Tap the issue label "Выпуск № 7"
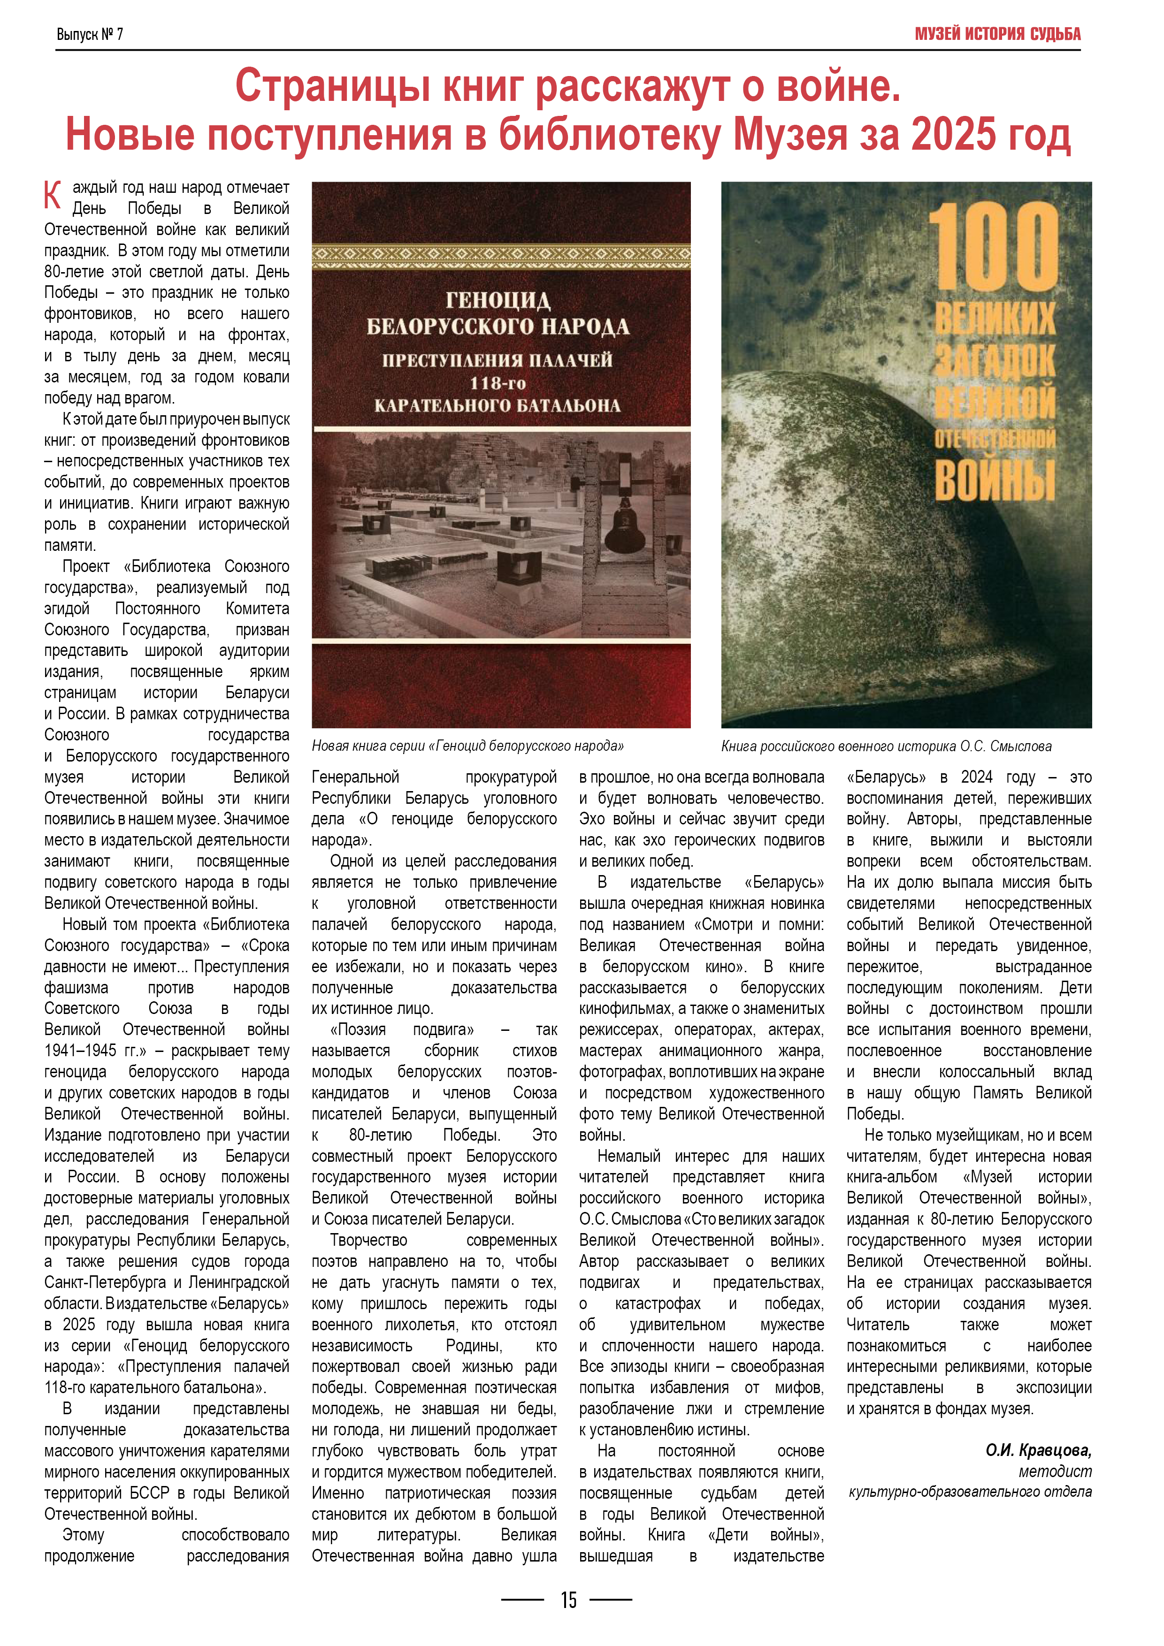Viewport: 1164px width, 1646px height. pos(90,34)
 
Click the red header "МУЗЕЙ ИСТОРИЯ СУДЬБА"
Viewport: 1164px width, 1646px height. pos(997,34)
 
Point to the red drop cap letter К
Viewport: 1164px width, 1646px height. pos(53,195)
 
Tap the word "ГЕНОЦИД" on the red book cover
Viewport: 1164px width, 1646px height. pos(498,300)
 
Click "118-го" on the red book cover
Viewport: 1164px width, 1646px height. pos(498,383)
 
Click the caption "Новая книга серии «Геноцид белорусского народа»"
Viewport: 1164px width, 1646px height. pos(467,746)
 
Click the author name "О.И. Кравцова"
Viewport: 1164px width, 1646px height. pos(1038,1451)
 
